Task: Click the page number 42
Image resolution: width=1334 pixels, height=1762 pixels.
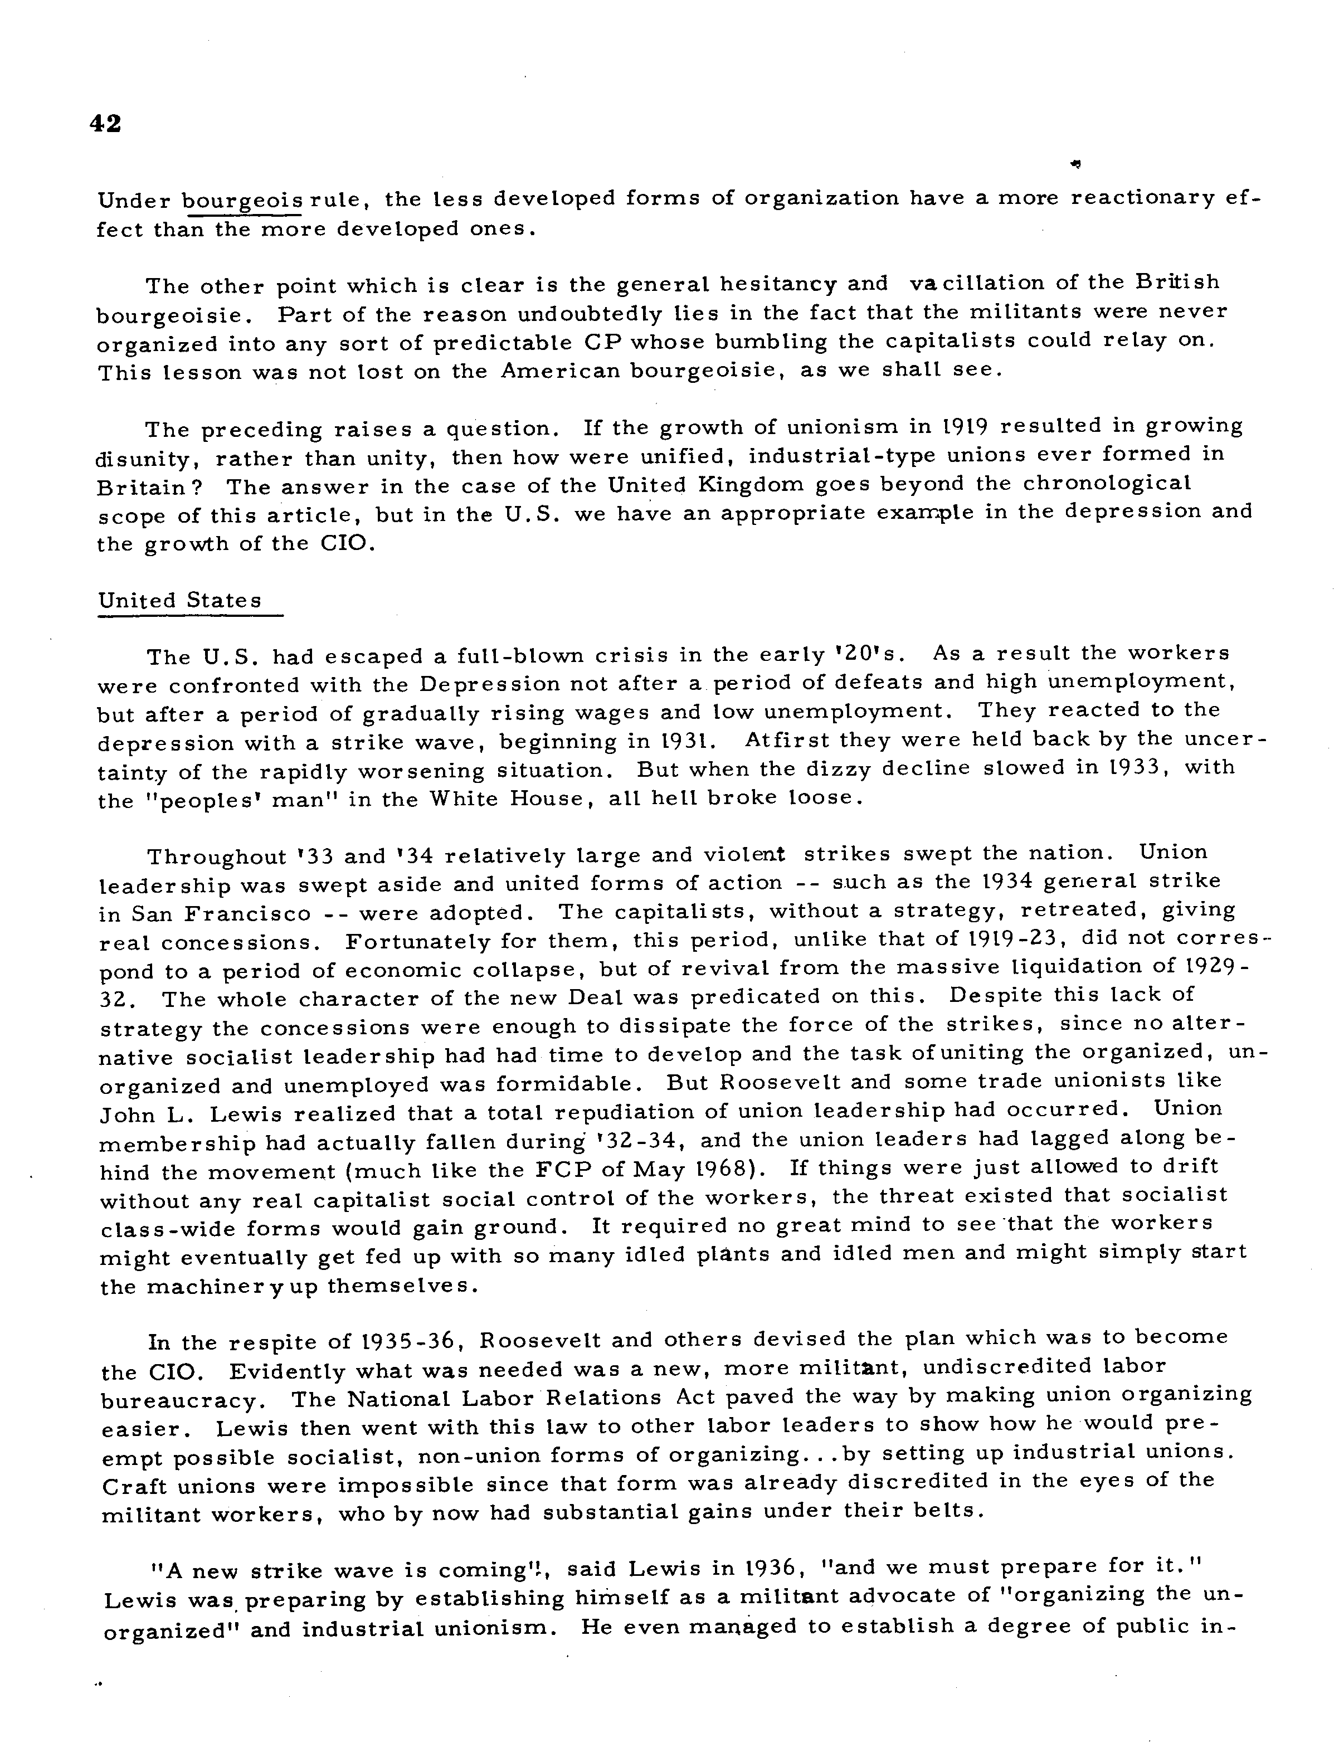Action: (106, 124)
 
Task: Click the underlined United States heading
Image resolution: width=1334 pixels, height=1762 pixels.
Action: (180, 601)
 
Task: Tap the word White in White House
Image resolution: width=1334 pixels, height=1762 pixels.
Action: (466, 799)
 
